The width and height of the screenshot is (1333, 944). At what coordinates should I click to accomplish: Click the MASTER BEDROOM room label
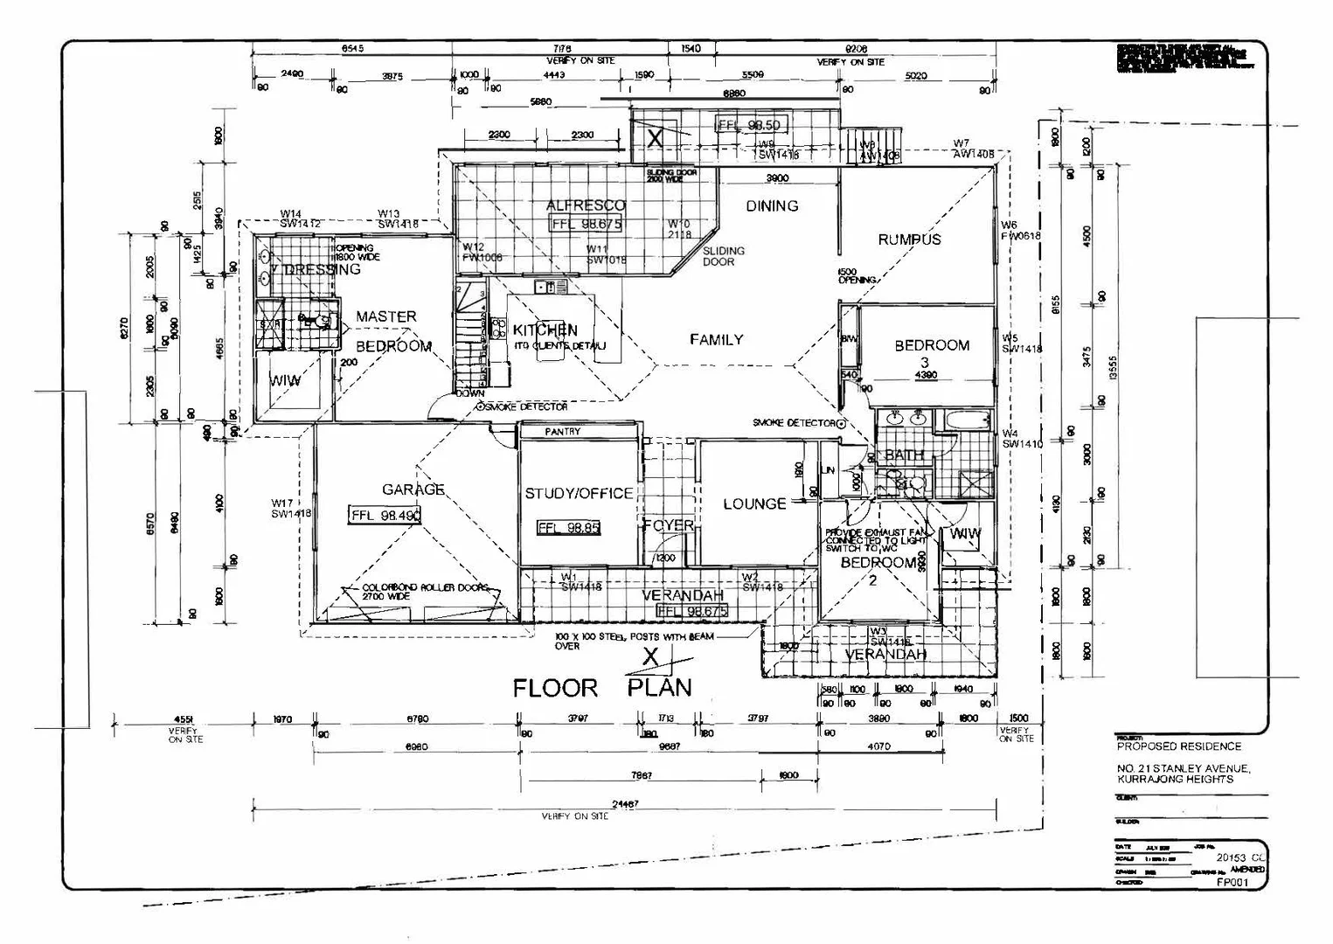click(x=392, y=331)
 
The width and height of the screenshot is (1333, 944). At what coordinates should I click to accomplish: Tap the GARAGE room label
click(x=413, y=489)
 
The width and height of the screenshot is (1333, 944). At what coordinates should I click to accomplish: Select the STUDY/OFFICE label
click(x=579, y=494)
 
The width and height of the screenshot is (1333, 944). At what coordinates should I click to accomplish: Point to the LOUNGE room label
click(x=754, y=504)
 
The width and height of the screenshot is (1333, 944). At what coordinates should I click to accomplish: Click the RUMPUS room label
click(x=909, y=239)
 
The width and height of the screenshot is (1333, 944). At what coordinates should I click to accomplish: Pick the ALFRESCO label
click(x=586, y=206)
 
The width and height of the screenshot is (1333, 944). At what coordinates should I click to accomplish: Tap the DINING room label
click(x=772, y=206)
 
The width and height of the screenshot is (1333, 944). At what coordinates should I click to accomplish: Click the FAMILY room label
click(x=716, y=340)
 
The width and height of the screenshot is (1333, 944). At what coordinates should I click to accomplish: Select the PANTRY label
click(x=562, y=432)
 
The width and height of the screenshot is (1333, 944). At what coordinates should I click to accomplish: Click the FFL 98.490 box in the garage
click(x=385, y=516)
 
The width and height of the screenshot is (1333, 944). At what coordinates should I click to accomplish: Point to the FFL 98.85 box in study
click(x=568, y=528)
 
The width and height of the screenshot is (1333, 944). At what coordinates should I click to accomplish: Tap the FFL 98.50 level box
click(x=749, y=125)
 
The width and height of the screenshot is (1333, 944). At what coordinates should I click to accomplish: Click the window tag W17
click(x=282, y=503)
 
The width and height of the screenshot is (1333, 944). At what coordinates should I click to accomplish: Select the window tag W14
click(x=291, y=214)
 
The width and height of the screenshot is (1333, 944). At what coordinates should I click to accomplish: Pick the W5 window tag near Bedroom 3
click(x=1010, y=338)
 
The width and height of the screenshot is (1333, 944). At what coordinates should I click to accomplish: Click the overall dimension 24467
click(x=625, y=804)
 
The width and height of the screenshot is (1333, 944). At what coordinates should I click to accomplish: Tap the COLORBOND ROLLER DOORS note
click(x=426, y=588)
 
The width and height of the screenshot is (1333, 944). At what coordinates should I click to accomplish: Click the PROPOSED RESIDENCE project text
click(x=1178, y=746)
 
